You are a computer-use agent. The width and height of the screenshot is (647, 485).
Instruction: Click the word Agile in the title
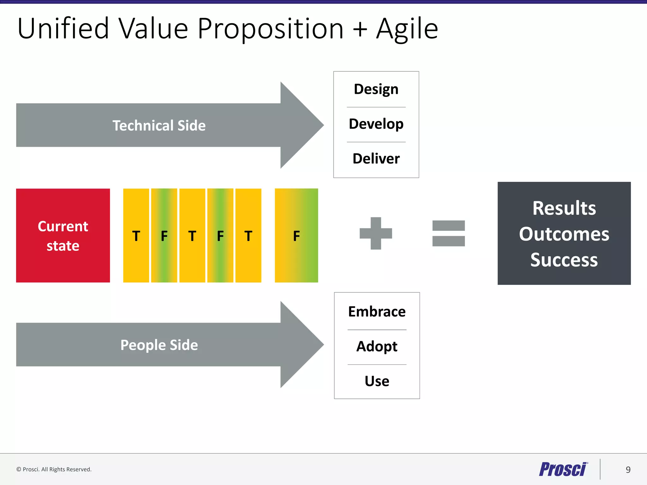point(407,29)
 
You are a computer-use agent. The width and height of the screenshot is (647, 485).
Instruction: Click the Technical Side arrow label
point(159,125)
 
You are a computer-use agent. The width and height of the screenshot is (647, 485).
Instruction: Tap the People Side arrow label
point(159,345)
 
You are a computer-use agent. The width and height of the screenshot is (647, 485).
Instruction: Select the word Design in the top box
point(376,89)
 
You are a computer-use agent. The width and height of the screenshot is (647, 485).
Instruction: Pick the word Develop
point(376,124)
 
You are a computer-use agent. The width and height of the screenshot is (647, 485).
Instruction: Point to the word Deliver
point(376,159)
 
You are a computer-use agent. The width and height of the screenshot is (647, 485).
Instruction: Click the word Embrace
point(377,312)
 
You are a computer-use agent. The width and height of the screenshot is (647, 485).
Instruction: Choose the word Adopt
point(377,346)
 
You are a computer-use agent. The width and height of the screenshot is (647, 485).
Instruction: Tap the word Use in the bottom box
point(377,381)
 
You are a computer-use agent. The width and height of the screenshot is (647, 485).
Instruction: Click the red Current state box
point(63,236)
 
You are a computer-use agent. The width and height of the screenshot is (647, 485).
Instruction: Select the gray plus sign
point(376,233)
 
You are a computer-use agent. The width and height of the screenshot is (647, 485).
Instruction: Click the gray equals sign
point(448,233)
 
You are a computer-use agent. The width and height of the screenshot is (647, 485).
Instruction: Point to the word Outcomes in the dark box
point(564,234)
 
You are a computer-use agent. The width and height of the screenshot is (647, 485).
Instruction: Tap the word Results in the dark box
point(564,208)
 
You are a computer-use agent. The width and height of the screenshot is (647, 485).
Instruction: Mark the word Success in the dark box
point(564,260)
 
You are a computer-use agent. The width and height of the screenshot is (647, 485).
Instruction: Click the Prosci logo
point(563,469)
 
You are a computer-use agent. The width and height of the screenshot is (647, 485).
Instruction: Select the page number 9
point(628,470)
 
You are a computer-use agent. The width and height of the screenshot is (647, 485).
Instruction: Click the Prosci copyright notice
point(54,469)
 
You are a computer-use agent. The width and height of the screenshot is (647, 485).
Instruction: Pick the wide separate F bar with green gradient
point(296,236)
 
